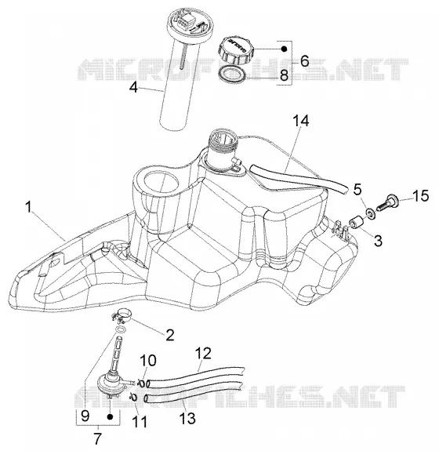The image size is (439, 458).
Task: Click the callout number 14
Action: (301, 121)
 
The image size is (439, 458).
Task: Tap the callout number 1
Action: (28, 207)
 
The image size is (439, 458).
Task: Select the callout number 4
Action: (133, 87)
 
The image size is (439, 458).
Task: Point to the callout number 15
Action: (420, 195)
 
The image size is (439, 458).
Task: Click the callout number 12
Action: (203, 353)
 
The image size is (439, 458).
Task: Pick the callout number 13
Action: (187, 418)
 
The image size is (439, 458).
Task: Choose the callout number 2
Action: (169, 335)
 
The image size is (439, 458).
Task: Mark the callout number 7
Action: (97, 438)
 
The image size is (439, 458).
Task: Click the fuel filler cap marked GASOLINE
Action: (236, 49)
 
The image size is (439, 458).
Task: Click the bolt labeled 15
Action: (386, 203)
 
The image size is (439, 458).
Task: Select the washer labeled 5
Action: (370, 213)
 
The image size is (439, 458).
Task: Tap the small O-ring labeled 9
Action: (120, 330)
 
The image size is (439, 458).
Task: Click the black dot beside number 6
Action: (285, 49)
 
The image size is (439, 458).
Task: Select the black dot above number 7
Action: (110, 417)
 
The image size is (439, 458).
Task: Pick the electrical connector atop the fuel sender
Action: (185, 22)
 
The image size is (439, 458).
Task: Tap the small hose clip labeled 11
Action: (133, 397)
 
